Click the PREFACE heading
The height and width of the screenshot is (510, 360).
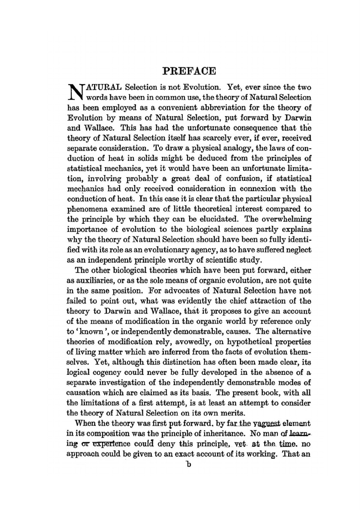[189, 70]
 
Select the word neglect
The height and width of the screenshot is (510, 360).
[298, 250]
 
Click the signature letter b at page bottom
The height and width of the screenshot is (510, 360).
[187, 464]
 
